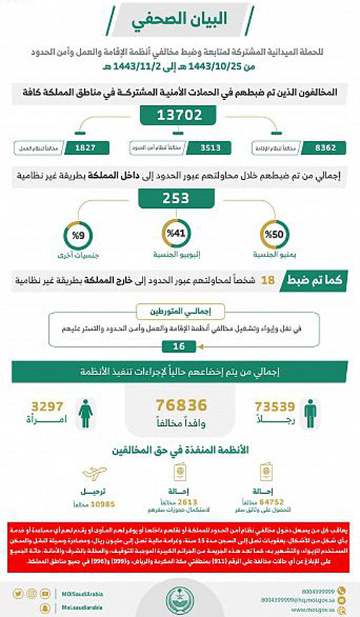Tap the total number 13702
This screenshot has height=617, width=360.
(x=179, y=115)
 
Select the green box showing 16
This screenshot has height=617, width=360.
(x=179, y=347)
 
